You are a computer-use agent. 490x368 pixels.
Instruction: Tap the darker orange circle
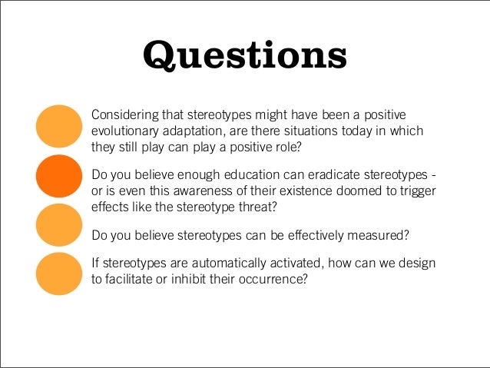[60, 176]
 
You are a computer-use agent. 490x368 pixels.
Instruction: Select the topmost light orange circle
[60, 128]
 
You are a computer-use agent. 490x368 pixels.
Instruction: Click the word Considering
[125, 115]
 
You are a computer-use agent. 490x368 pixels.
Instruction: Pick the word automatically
[210, 264]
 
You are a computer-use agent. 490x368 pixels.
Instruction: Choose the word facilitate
[134, 280]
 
